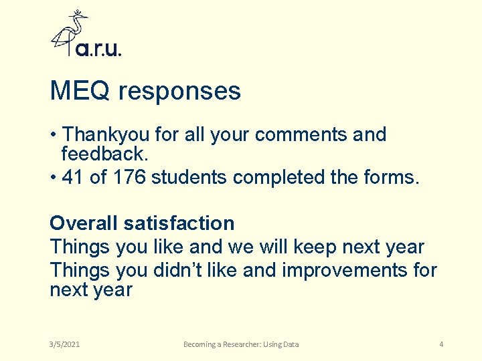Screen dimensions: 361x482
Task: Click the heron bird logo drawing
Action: tap(70, 32)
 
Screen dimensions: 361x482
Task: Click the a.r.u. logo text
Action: tap(98, 49)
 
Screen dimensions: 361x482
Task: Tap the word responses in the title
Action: tap(179, 92)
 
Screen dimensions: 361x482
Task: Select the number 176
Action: tap(129, 177)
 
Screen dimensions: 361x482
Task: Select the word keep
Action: tap(313, 247)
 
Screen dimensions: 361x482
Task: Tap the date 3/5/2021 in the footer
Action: tap(65, 344)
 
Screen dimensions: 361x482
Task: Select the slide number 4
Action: tap(441, 344)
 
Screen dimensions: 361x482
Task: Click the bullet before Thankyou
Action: tap(54, 134)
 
